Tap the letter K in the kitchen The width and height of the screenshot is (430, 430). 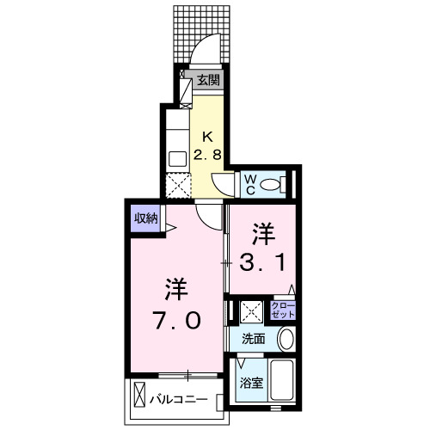[207, 136]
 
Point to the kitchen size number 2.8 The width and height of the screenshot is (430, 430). [207, 155]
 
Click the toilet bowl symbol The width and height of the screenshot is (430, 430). [271, 183]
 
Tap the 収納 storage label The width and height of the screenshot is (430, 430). [145, 218]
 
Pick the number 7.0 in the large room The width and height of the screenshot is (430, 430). [178, 320]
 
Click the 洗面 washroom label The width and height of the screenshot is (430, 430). [254, 339]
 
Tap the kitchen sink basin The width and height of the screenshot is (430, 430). [176, 158]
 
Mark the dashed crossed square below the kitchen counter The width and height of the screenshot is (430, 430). [176, 185]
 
